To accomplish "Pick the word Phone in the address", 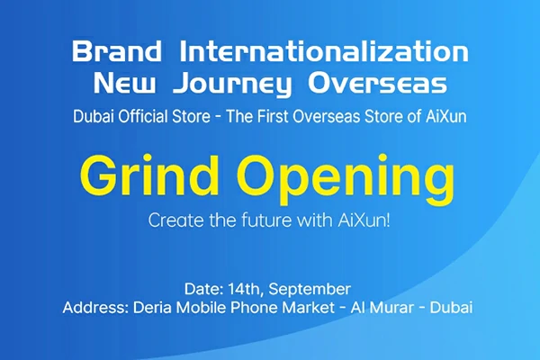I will [255, 308].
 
